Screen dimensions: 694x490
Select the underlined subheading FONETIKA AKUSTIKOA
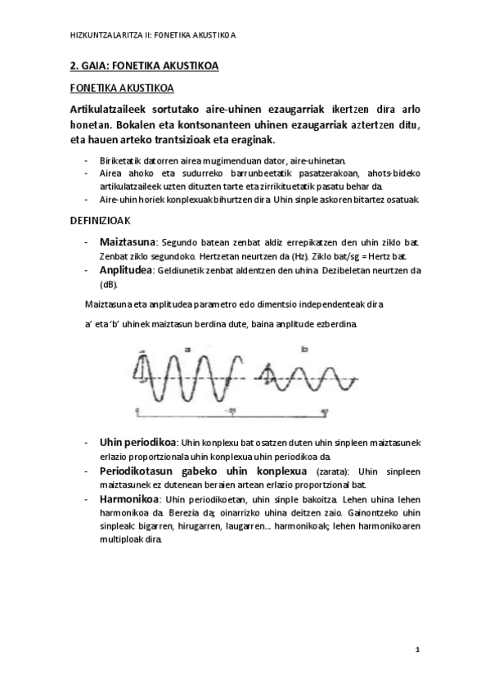[x=121, y=88]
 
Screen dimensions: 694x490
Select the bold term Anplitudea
[x=125, y=269]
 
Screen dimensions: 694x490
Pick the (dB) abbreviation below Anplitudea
[x=108, y=284]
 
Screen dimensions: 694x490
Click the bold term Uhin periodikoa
[x=137, y=443]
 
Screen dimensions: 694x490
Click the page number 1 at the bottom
[x=416, y=650]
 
